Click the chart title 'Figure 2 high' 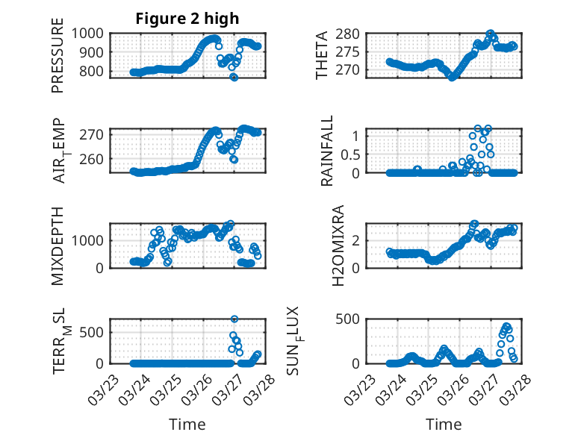coord(187,19)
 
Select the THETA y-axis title coord(322,54)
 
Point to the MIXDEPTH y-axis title coord(58,245)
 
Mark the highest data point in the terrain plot coord(234,319)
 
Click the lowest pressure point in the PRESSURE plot coord(234,77)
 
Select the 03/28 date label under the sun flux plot coord(516,389)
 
